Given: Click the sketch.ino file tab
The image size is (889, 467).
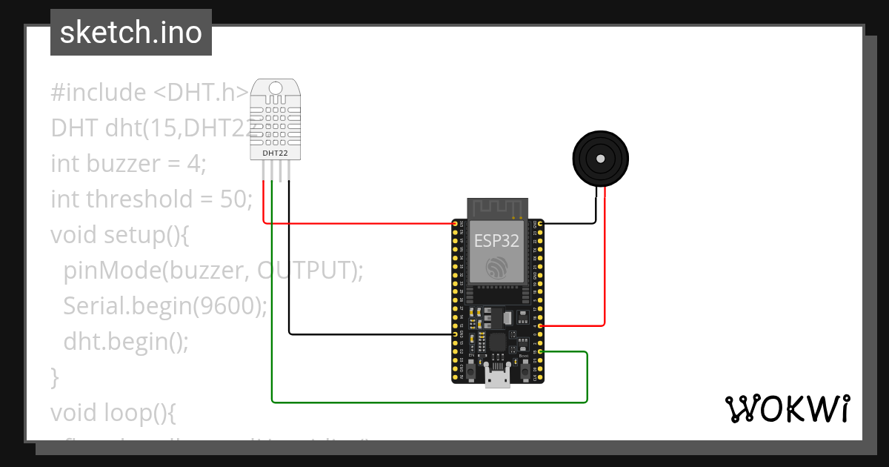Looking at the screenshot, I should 131,33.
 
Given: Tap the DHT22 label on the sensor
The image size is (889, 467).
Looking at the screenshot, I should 276,153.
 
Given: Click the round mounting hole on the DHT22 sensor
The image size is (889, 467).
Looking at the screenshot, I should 276,88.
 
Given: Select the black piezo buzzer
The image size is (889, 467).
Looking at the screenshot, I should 600,159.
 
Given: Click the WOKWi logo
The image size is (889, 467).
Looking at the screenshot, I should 786,408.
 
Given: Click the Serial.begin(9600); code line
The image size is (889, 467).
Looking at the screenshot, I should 164,306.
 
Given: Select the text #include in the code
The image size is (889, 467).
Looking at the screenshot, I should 99,93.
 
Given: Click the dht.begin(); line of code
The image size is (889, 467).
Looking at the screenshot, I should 126,342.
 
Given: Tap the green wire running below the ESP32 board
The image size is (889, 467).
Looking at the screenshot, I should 430,403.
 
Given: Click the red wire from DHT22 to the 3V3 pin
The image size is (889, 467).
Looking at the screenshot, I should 356,222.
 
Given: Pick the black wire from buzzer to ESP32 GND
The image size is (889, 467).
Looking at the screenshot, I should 570,222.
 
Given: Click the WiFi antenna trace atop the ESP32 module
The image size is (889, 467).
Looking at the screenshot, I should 496,208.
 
